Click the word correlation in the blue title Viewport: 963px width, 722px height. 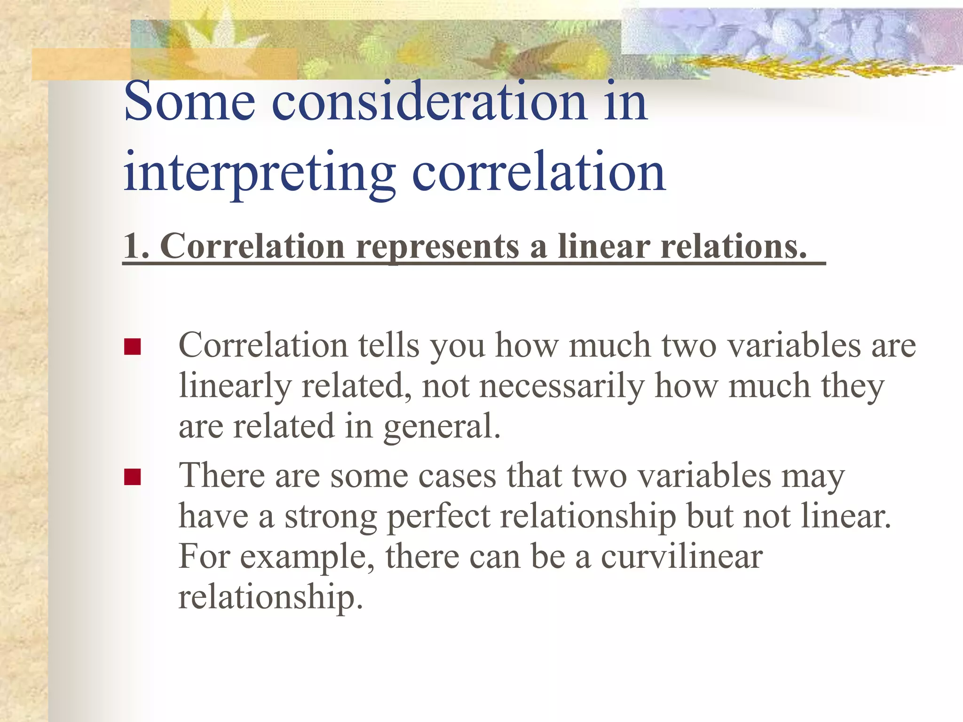(538, 172)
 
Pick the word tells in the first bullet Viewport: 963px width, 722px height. (388, 346)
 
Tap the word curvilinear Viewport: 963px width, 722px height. (681, 557)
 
